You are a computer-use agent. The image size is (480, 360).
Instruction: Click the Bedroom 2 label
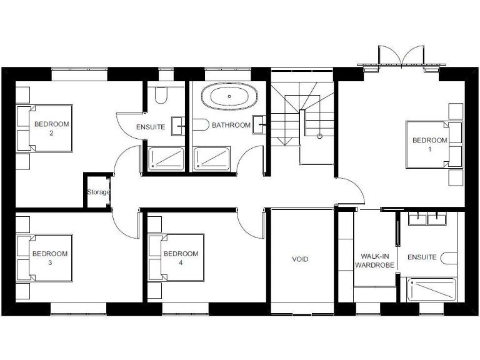tap(52, 128)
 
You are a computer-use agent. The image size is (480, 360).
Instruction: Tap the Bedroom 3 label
tap(50, 258)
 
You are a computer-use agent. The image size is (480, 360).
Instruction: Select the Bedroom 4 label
tap(181, 258)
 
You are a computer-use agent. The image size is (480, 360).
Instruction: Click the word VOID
tap(301, 259)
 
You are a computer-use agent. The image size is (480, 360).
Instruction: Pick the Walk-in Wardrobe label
tap(375, 261)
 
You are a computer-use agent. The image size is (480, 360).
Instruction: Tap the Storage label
tap(98, 192)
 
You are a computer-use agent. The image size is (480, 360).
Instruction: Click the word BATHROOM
tap(231, 125)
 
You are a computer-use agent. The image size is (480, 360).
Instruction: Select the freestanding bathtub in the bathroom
tap(229, 97)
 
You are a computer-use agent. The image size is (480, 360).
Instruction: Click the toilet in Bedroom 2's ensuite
tap(161, 96)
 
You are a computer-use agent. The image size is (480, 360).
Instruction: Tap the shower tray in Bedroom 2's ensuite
tap(166, 158)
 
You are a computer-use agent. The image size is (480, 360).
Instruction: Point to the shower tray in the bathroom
tap(211, 158)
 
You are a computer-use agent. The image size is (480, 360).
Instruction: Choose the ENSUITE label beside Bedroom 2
tap(151, 127)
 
